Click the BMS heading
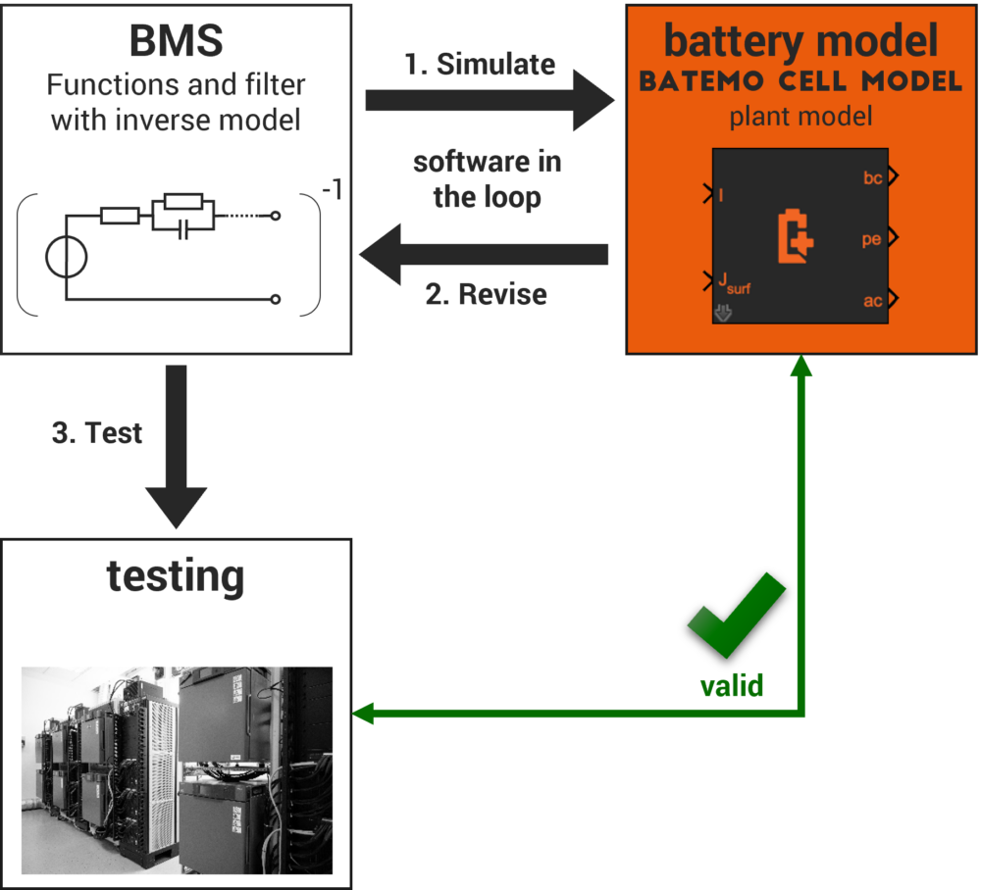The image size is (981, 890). (177, 41)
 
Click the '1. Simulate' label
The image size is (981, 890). (481, 65)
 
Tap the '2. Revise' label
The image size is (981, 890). (486, 294)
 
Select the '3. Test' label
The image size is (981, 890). (97, 432)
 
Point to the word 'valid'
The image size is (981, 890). (731, 685)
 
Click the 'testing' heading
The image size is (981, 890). (176, 576)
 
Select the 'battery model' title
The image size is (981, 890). (801, 41)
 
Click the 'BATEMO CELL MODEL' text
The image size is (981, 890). (800, 82)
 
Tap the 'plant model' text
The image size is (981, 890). (800, 118)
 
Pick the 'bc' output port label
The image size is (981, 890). (872, 177)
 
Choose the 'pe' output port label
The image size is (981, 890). (871, 239)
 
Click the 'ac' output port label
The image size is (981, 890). (872, 301)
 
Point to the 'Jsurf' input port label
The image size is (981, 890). (735, 284)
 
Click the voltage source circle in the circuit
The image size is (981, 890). (67, 258)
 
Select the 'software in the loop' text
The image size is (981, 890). (488, 179)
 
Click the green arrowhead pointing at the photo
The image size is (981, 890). (363, 714)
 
